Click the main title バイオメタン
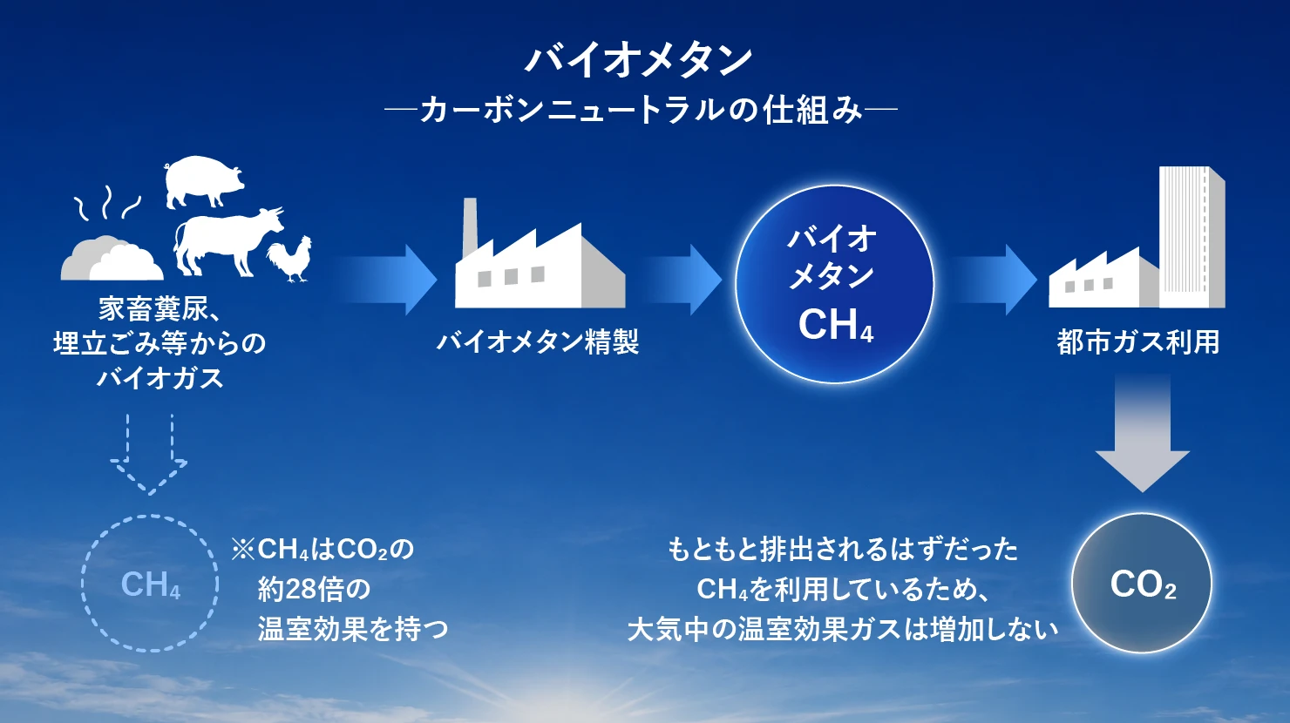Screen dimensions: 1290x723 638,60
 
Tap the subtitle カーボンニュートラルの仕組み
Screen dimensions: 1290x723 641,110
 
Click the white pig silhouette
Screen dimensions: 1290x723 204,181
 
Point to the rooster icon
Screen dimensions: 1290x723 289,259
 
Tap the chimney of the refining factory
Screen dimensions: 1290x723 470,226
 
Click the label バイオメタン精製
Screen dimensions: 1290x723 537,341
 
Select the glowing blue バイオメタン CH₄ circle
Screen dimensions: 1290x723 834,284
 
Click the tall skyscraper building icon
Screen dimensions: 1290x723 1192,237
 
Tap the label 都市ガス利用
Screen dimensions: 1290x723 1138,342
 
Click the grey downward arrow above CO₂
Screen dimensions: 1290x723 1143,433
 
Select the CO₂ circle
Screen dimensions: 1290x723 1142,583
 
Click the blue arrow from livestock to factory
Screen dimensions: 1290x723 387,280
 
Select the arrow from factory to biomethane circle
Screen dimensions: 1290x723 682,280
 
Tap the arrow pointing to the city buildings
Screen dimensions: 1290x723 995,280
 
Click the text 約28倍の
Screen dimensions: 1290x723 315,589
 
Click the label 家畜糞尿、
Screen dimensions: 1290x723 160,309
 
